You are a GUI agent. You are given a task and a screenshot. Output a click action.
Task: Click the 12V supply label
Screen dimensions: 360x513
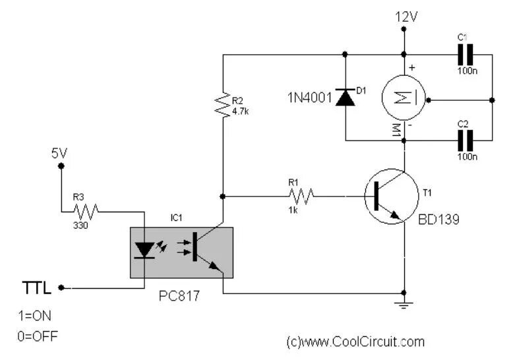click(x=406, y=16)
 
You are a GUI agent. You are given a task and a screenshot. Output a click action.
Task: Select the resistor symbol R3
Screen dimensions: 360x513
click(x=86, y=211)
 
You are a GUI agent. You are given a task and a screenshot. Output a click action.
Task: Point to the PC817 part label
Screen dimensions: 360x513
click(x=179, y=296)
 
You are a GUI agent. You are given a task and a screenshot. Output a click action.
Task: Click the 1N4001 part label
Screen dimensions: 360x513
click(x=309, y=98)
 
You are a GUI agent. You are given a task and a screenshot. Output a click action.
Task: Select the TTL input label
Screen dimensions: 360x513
click(x=36, y=287)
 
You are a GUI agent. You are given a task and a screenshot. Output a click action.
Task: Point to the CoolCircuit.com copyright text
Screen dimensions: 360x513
click(x=356, y=342)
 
